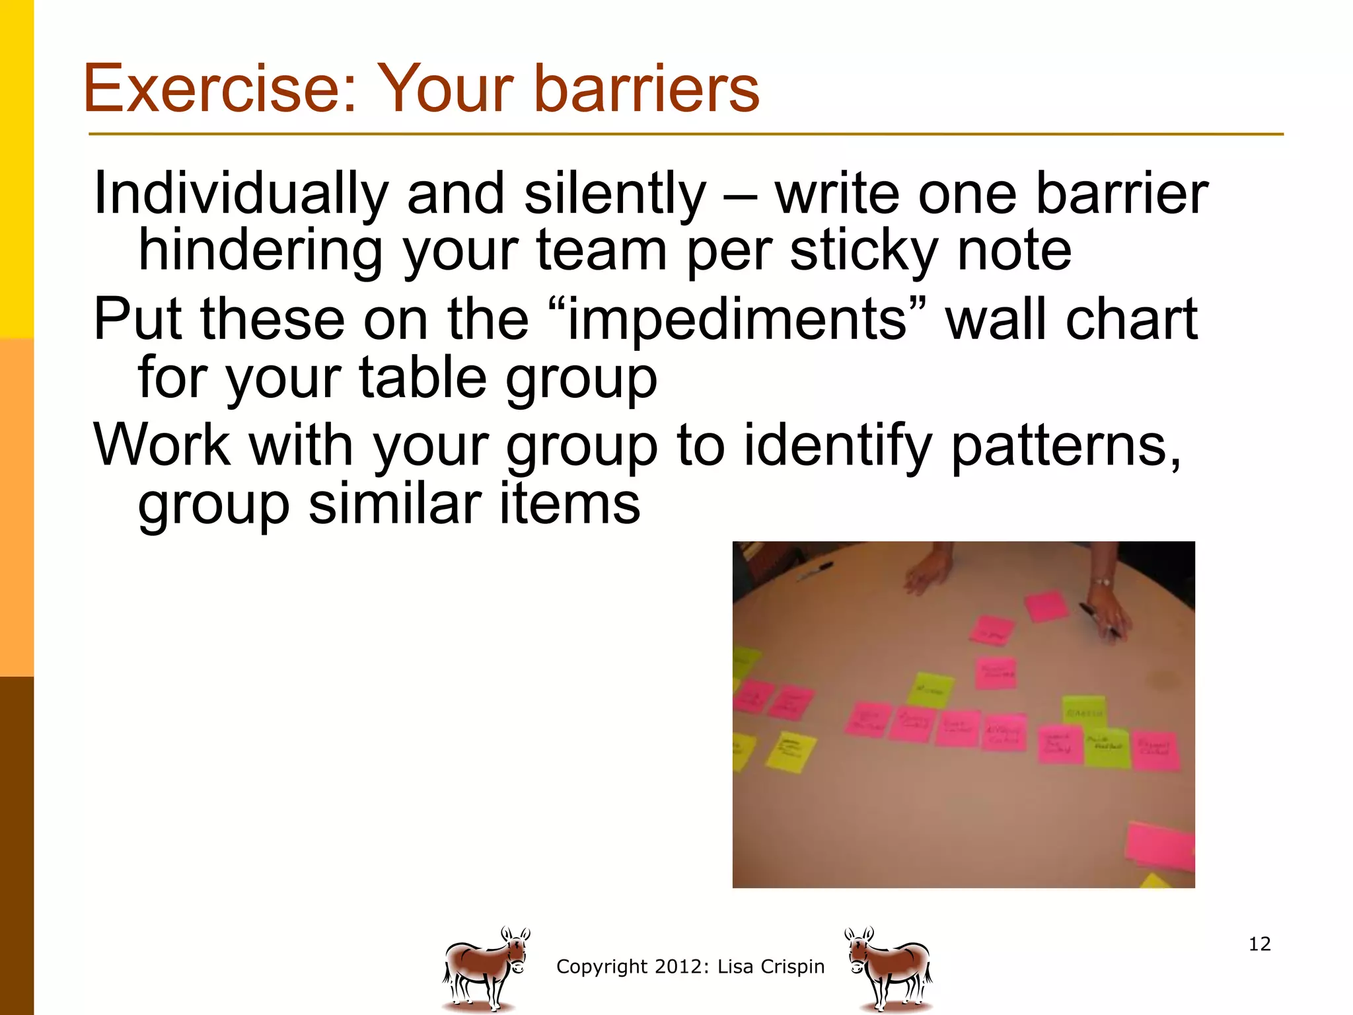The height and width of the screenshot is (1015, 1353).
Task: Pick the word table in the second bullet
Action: pyautogui.click(x=423, y=377)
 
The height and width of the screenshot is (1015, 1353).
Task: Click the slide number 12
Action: pyautogui.click(x=1259, y=944)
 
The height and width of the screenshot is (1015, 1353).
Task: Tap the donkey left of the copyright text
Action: pyautogui.click(x=486, y=968)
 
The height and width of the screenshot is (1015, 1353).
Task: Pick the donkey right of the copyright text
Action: pyautogui.click(x=889, y=968)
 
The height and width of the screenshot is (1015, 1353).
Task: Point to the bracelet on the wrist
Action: pyautogui.click(x=1101, y=582)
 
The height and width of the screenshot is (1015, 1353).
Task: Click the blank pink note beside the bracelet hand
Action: pyautogui.click(x=1046, y=605)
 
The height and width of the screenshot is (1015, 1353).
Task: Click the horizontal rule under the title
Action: pyautogui.click(x=686, y=134)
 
